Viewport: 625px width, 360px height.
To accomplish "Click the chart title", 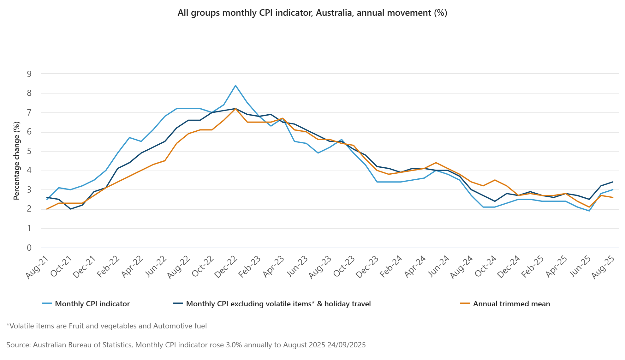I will [312, 13].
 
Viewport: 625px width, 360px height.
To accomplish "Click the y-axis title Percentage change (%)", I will [16, 160].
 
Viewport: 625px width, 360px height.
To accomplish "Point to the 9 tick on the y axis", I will [29, 74].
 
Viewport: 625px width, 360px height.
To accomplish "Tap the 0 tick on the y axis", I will [29, 248].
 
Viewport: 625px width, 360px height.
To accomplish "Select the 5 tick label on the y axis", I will [29, 152].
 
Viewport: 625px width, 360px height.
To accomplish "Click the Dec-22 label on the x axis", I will [226, 267].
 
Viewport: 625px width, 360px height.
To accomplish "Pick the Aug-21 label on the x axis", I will [38, 267].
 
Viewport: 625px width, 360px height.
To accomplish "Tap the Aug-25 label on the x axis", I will [603, 267].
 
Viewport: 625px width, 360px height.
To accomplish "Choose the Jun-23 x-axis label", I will [297, 267].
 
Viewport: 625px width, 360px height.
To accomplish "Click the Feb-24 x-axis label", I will [391, 267].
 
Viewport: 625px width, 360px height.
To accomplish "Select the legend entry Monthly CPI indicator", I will [92, 304].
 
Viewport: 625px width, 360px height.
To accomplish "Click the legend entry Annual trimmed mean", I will [511, 304].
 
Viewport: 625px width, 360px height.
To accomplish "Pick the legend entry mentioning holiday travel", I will [278, 304].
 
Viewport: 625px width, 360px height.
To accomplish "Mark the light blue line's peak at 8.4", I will [235, 86].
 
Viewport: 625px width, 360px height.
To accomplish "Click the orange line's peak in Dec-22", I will [235, 109].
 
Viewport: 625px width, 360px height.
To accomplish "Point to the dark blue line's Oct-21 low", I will [70, 209].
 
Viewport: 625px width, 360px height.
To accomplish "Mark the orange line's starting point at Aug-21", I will [47, 209].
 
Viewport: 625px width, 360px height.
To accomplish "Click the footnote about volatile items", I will [107, 326].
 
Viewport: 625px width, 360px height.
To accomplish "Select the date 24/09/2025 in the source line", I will [346, 345].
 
